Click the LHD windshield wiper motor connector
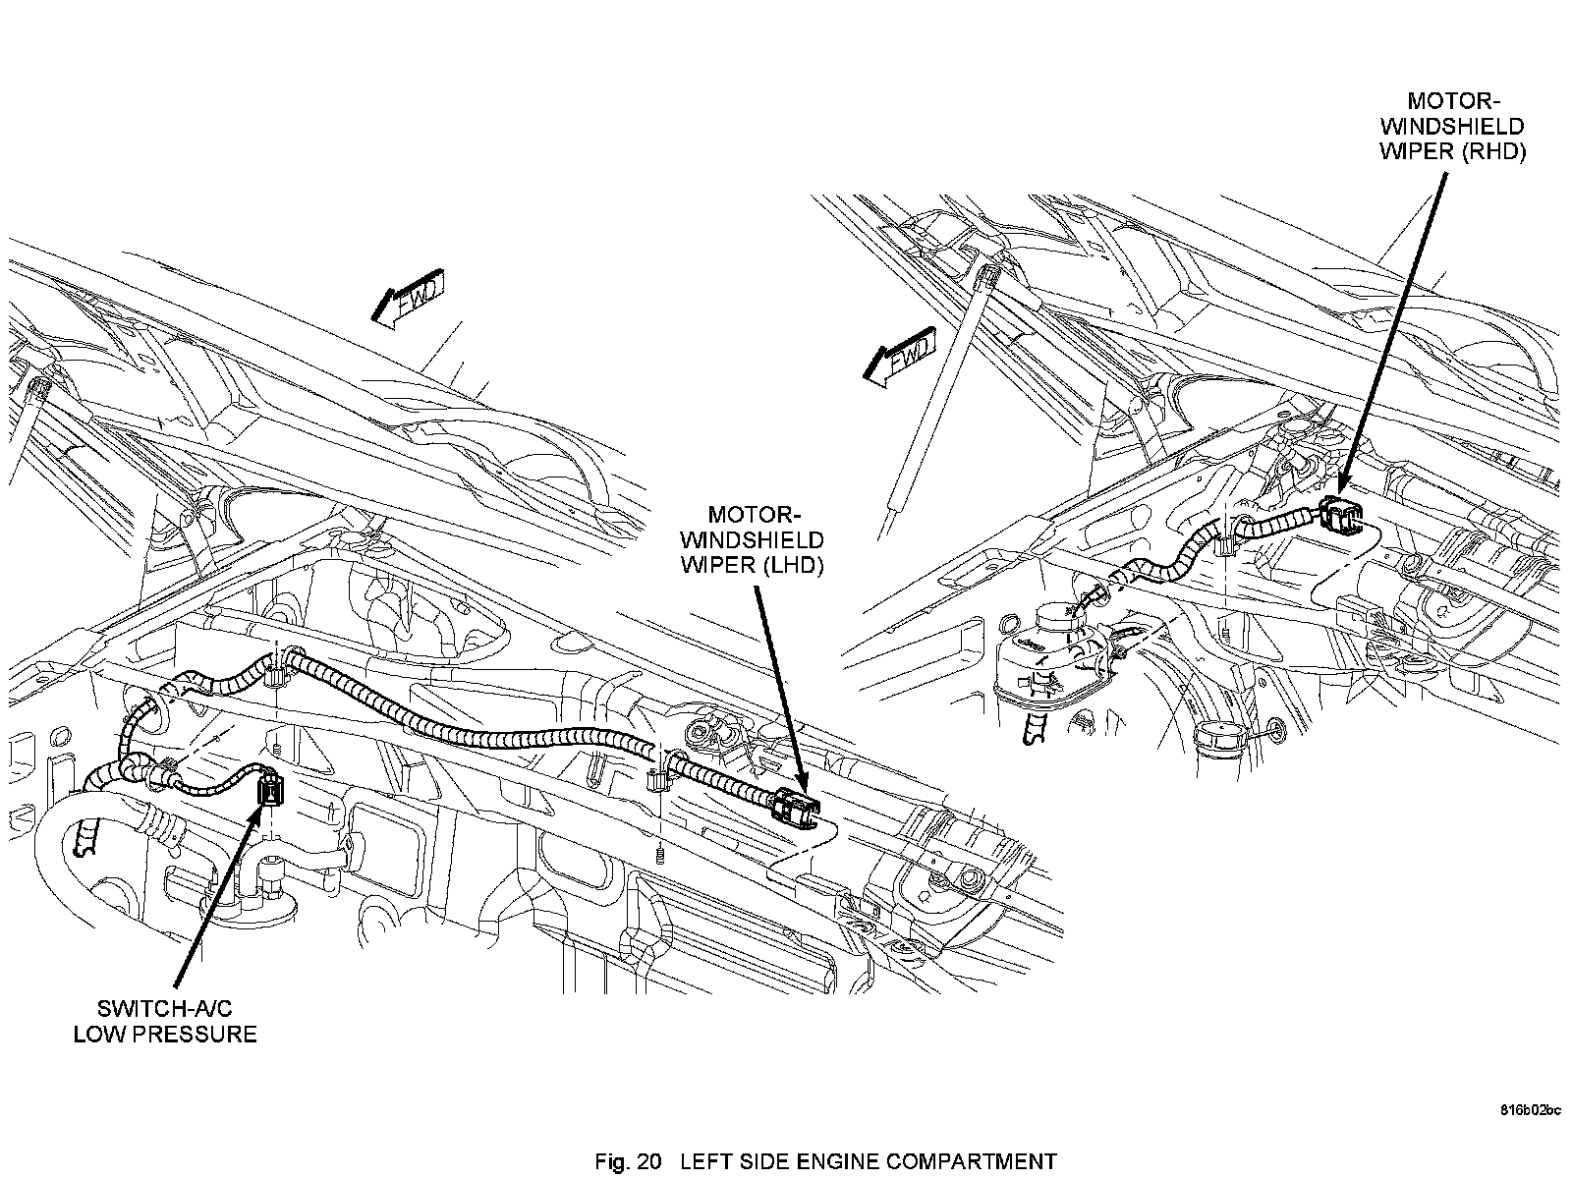(x=795, y=808)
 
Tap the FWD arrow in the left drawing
(x=409, y=296)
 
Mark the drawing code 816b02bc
(x=1530, y=1111)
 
